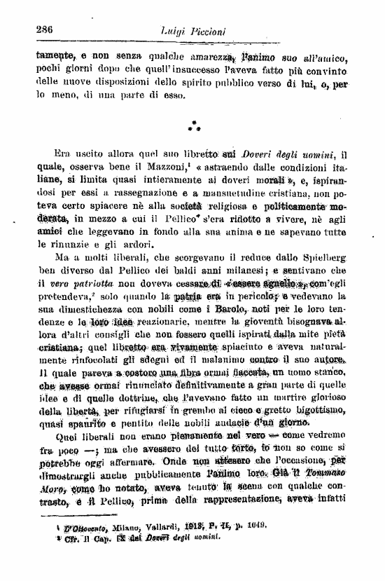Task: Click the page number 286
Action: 44,29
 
